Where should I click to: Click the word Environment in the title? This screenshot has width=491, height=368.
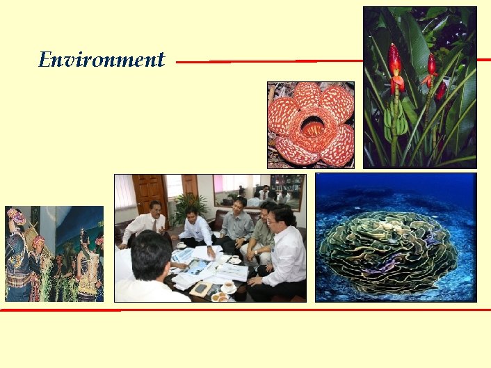(x=102, y=60)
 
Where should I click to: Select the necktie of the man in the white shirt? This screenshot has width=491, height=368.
(x=154, y=225)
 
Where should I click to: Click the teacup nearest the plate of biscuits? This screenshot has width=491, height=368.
(x=227, y=287)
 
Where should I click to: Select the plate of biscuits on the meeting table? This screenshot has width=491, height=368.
(x=220, y=297)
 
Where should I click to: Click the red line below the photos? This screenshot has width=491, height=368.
(x=243, y=309)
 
